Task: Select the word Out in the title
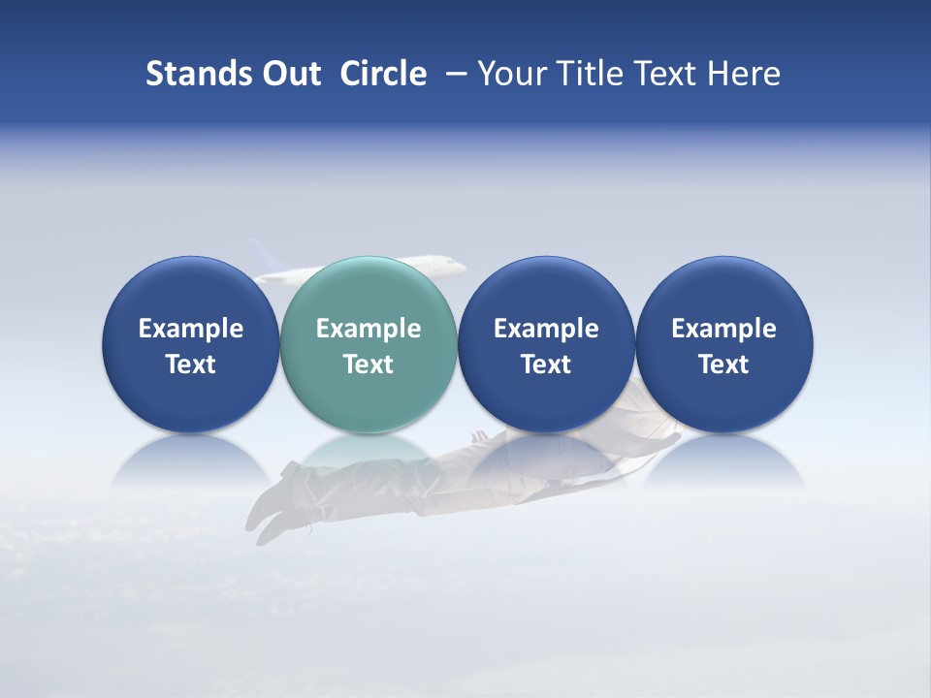coord(288,74)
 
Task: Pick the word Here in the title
coord(746,74)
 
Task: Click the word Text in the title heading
coord(669,74)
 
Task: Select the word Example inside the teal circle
coord(369,329)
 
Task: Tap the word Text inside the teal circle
coord(369,365)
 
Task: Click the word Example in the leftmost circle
coord(191,329)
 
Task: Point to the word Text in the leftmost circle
coord(191,365)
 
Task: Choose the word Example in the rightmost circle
coord(723,329)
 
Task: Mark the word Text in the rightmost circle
coord(723,365)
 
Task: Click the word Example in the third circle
coord(546,329)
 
